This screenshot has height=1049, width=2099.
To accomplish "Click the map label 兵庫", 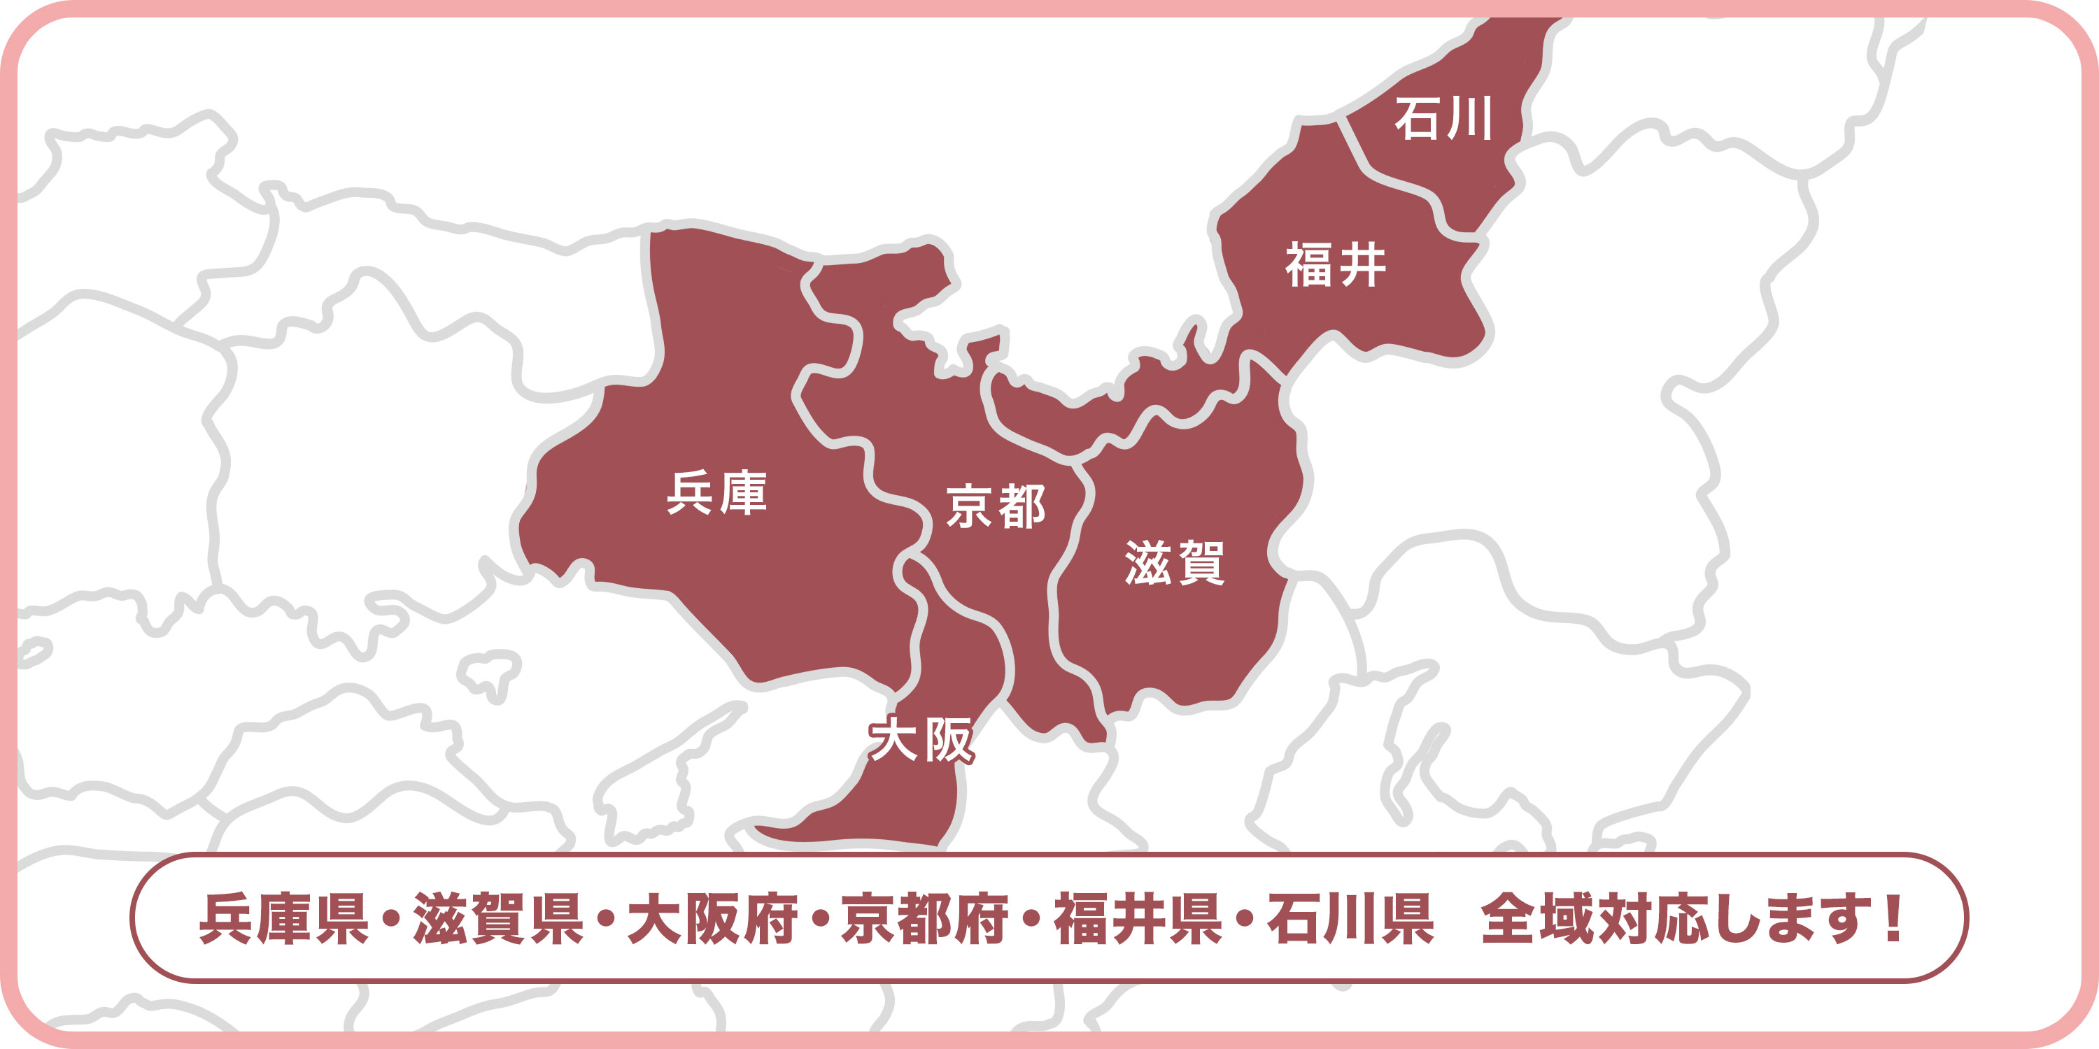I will (717, 493).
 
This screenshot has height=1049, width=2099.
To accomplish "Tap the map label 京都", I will (996, 506).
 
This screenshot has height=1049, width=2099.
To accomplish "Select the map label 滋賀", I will (1174, 562).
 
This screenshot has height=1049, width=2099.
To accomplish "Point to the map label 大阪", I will (921, 739).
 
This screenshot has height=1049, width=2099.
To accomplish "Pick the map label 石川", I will (1443, 119).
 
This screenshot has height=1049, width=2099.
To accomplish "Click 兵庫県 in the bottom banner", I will (283, 919).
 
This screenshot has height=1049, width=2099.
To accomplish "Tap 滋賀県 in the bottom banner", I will (498, 919).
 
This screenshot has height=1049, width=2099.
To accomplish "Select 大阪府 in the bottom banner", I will (712, 919).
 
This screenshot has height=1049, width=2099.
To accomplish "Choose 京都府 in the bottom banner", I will (925, 919).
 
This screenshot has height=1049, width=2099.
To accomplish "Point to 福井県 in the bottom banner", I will (1138, 919).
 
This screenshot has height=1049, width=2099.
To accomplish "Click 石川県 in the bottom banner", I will (1350, 919).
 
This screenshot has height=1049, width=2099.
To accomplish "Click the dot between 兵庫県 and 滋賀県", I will (391, 920).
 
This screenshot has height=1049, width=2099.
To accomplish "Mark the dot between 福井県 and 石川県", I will (1244, 920).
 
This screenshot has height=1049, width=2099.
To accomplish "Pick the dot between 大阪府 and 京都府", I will (819, 920).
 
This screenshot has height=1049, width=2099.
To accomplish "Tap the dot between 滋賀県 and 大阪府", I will (605, 920).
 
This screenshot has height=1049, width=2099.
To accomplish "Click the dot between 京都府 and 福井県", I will (1031, 920).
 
